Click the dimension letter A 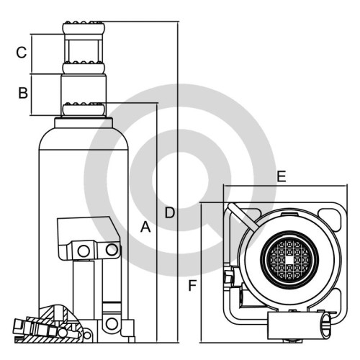pyautogui.click(x=145, y=228)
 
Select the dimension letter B pyautogui.click(x=23, y=93)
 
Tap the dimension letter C pyautogui.click(x=22, y=53)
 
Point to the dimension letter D pyautogui.click(x=170, y=212)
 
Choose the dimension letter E pyautogui.click(x=282, y=176)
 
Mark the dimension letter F pyautogui.click(x=192, y=286)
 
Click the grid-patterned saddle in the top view pyautogui.click(x=290, y=260)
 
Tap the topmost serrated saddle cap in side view pyautogui.click(x=84, y=28)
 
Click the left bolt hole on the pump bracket pyautogui.click(x=84, y=251)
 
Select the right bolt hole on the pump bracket pyautogui.click(x=112, y=250)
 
